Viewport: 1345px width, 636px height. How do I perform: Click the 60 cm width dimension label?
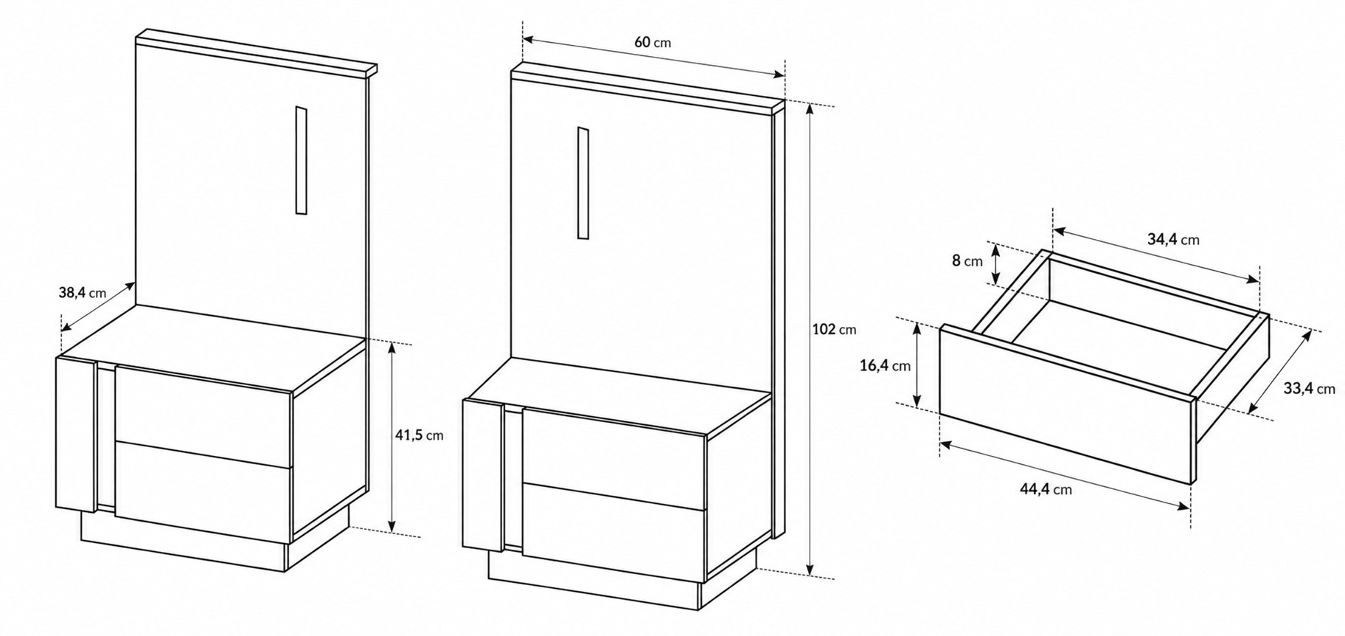point(653,42)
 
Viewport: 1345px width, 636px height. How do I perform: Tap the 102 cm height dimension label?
point(834,329)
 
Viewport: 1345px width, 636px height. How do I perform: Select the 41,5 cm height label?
point(420,435)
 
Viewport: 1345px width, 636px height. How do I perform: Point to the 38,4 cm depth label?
point(83,293)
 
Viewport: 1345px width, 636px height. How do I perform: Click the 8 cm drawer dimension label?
point(967,260)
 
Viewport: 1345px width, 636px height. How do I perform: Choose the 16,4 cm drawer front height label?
point(885,365)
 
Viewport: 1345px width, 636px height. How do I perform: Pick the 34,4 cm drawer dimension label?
point(1173,239)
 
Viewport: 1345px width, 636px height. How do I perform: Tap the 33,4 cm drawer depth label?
point(1309,389)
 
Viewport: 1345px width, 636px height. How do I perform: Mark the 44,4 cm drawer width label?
point(1046,488)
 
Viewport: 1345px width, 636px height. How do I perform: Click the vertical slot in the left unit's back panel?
point(301,160)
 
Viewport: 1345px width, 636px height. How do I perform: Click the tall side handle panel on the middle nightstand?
point(483,475)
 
